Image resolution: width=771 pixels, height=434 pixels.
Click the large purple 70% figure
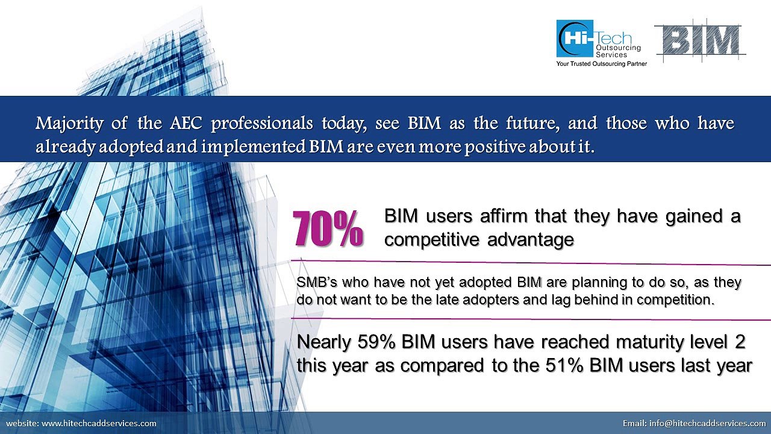click(x=328, y=229)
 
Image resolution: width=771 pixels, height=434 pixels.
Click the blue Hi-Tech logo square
click(x=575, y=39)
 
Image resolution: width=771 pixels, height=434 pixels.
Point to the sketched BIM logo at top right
click(x=699, y=41)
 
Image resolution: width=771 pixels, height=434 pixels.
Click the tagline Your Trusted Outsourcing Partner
click(x=601, y=64)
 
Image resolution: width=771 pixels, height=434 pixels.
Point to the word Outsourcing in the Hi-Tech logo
click(x=617, y=48)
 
